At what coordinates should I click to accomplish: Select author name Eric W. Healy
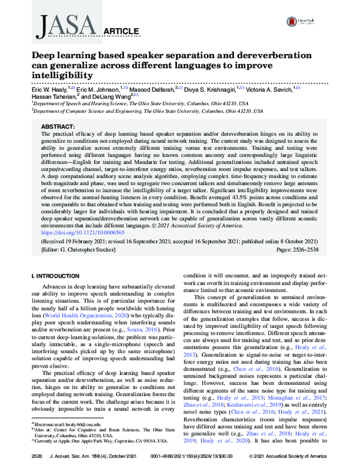(50, 88)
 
